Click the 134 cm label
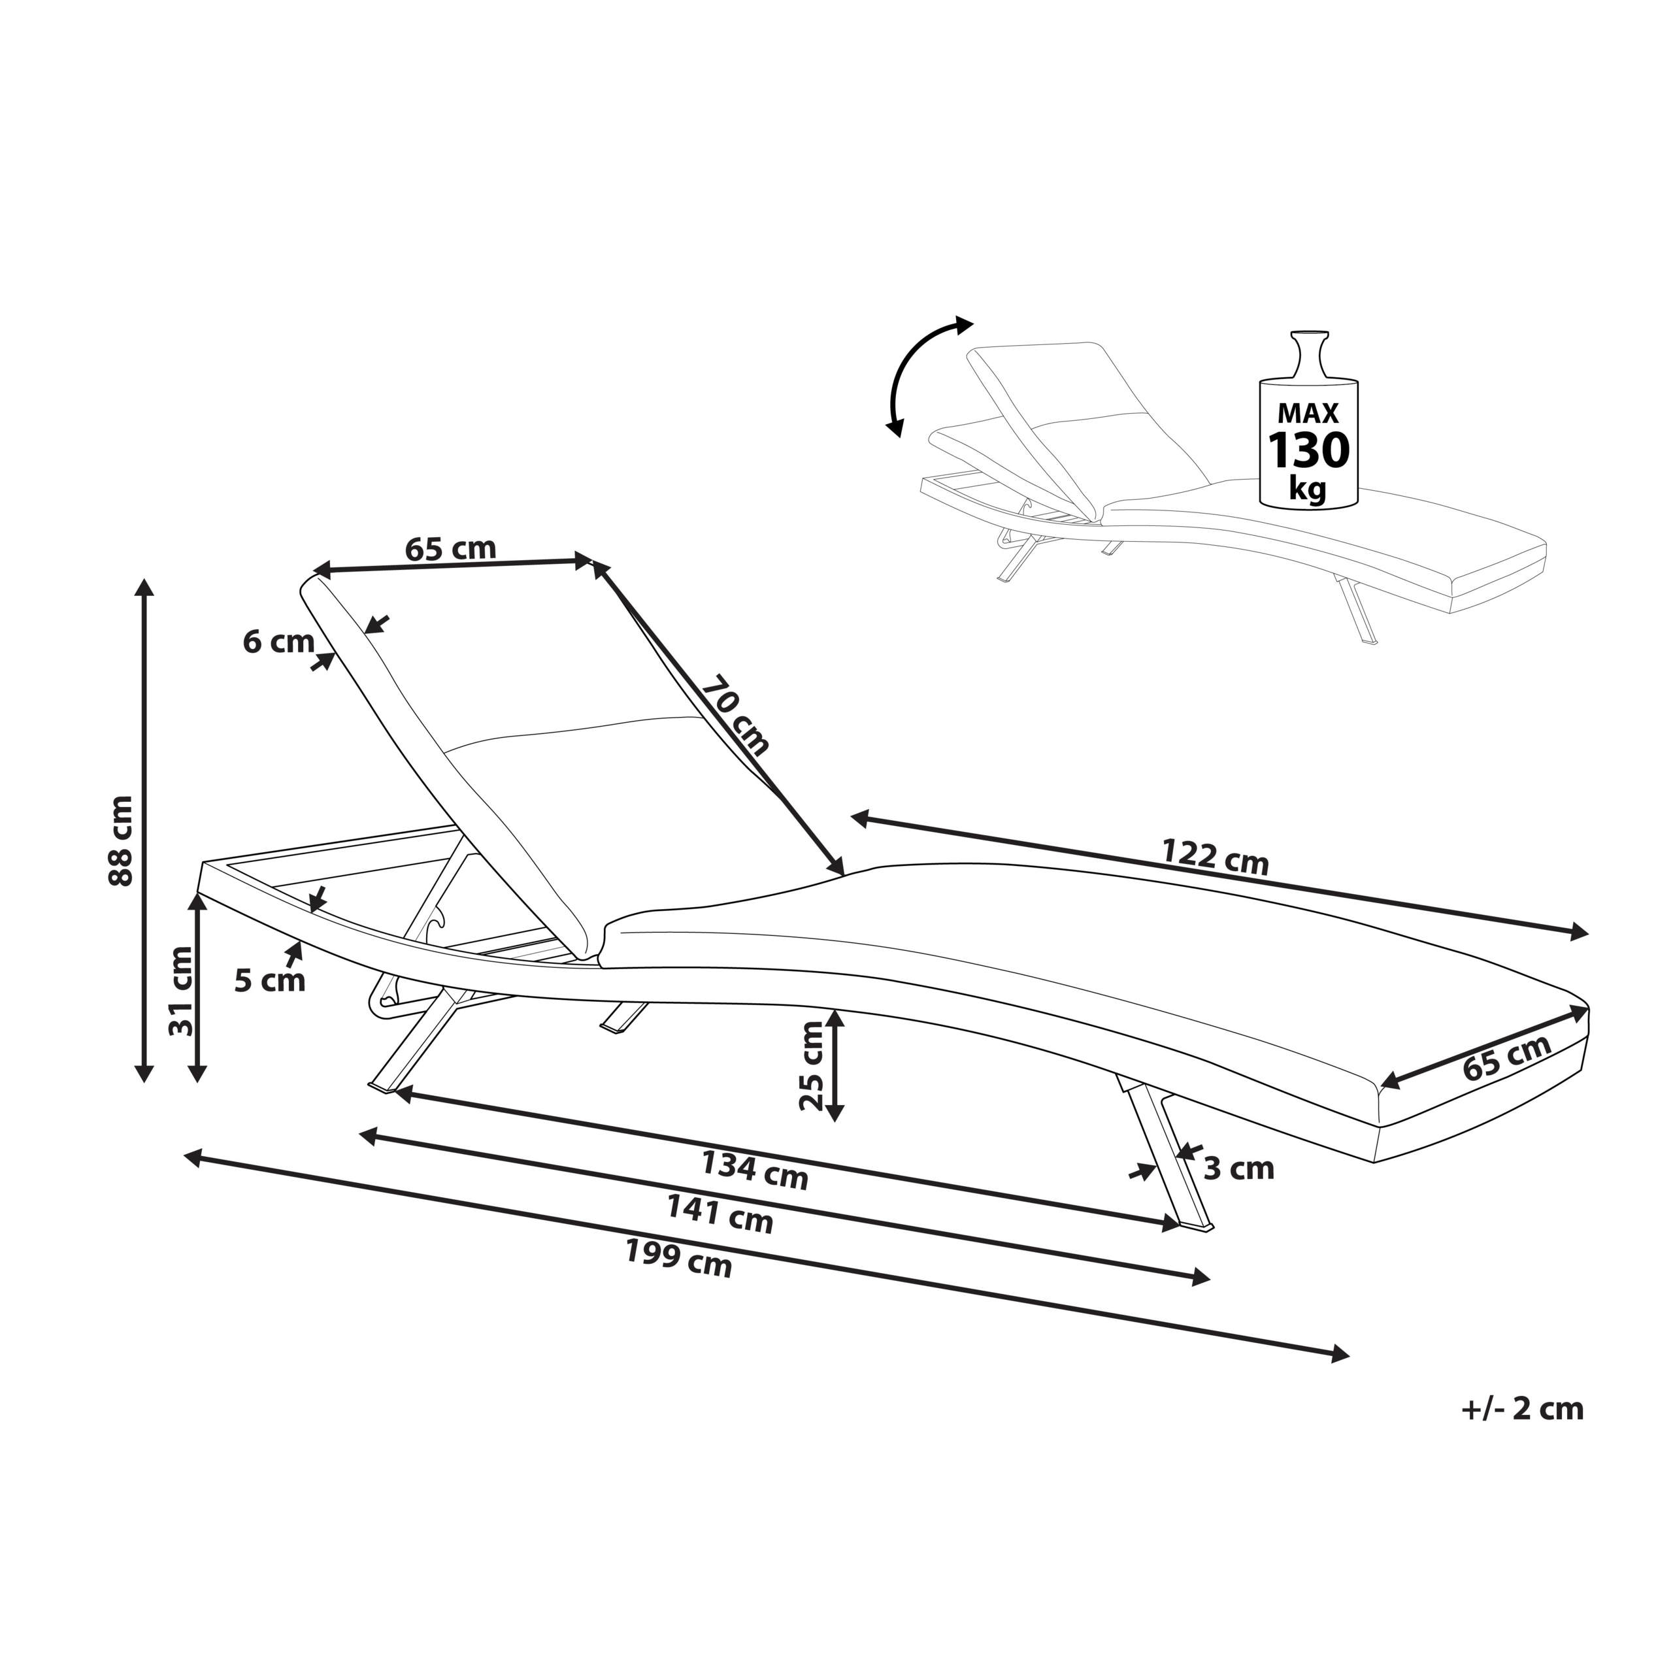pyautogui.click(x=754, y=1168)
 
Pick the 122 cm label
pyautogui.click(x=1215, y=857)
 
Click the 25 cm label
pyautogui.click(x=812, y=1065)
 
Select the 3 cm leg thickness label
pyautogui.click(x=1239, y=1169)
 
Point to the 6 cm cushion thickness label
pyautogui.click(x=278, y=642)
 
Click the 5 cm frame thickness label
pyautogui.click(x=269, y=980)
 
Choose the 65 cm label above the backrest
pyautogui.click(x=450, y=548)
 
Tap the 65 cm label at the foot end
pyautogui.click(x=1507, y=1057)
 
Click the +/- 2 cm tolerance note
pyautogui.click(x=1522, y=1409)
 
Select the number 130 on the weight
pyautogui.click(x=1308, y=450)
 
